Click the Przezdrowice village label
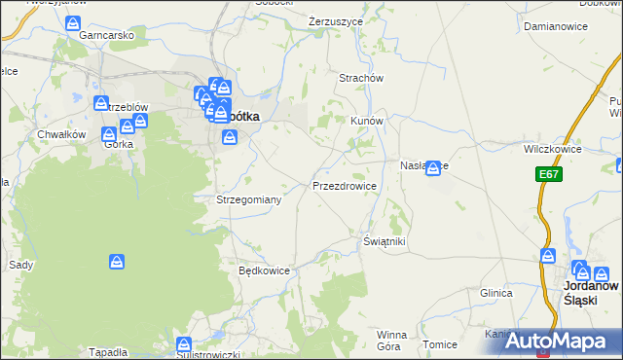click(344, 185)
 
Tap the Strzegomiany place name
click(249, 199)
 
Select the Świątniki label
click(384, 240)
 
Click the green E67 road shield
click(548, 174)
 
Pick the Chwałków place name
click(56, 133)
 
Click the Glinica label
click(495, 292)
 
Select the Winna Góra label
click(391, 340)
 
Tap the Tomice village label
click(440, 344)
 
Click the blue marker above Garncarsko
click(73, 25)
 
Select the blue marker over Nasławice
click(432, 168)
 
